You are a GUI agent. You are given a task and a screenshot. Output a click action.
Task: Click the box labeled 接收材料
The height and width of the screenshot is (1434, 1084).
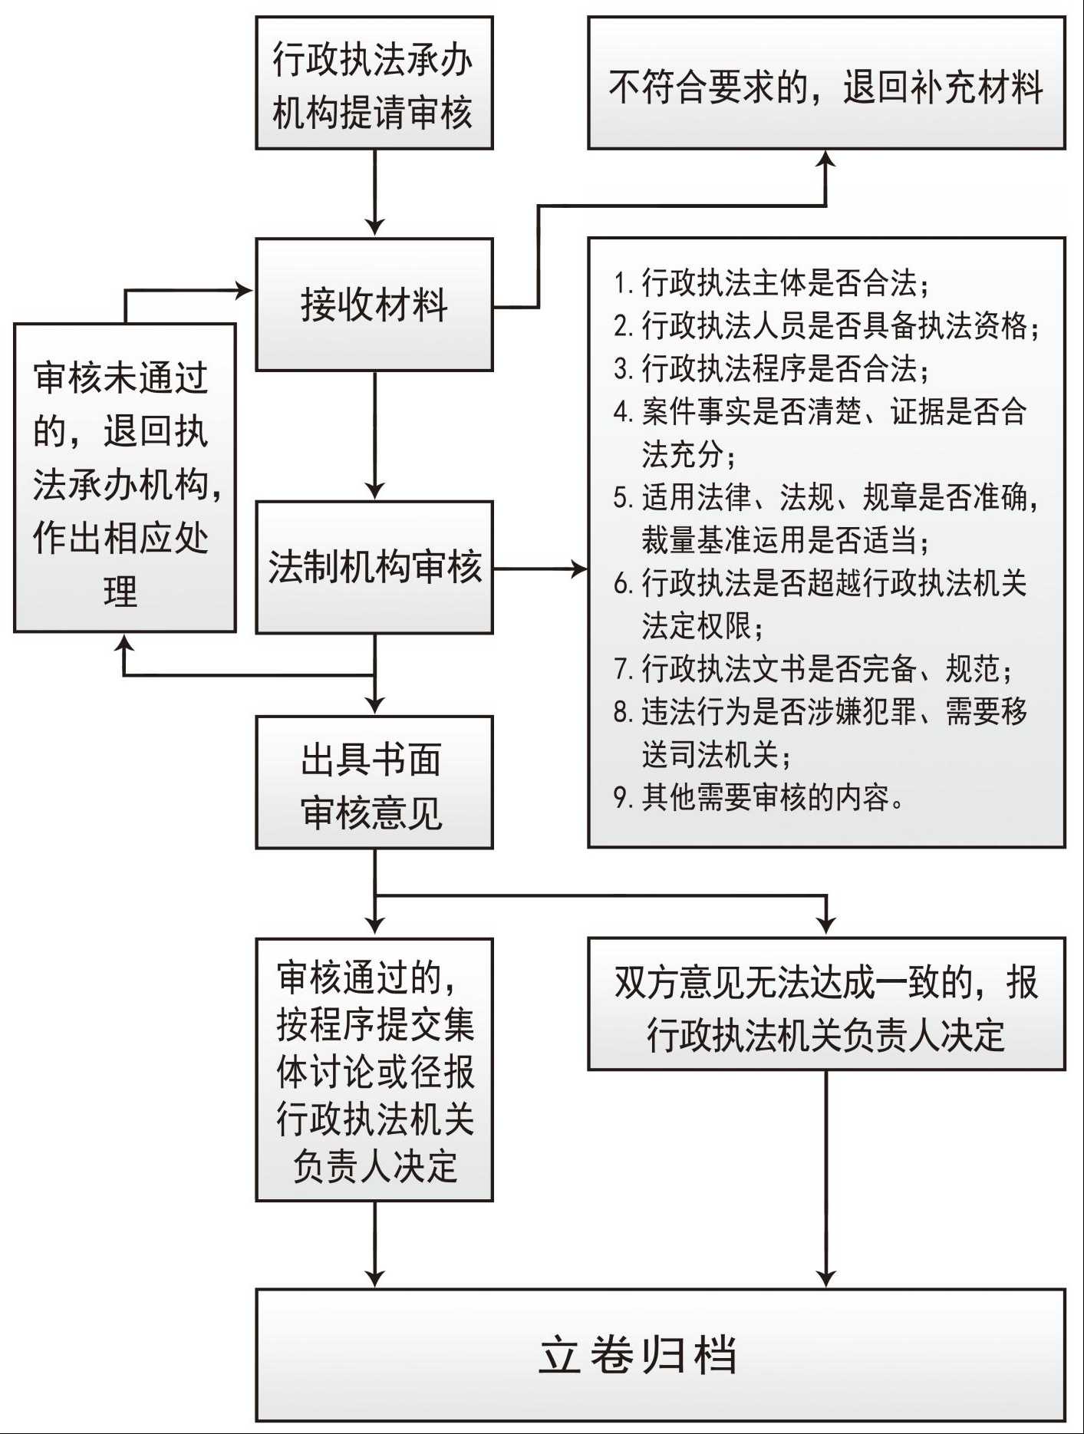(x=374, y=305)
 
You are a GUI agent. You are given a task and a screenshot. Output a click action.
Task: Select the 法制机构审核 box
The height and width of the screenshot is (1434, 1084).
(x=374, y=567)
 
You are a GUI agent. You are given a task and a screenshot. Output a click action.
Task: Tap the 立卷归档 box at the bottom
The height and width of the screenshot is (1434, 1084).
(x=660, y=1354)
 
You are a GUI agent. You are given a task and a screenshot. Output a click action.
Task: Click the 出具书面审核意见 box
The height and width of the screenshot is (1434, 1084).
(x=374, y=783)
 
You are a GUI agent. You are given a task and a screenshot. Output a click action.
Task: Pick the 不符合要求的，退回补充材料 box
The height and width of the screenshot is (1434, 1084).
(x=826, y=83)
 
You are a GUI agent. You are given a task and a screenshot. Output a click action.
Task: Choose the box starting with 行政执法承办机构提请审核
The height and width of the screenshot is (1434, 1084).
(x=374, y=83)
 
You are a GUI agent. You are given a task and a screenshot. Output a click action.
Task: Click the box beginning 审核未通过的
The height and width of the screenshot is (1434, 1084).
(x=124, y=477)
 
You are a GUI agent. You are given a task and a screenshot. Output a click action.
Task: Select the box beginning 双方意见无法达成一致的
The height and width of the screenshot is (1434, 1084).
(x=826, y=1004)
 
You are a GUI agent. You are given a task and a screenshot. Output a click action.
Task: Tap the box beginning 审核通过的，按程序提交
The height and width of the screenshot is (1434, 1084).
(x=374, y=1070)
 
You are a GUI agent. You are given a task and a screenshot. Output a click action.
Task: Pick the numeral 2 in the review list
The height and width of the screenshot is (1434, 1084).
(x=621, y=327)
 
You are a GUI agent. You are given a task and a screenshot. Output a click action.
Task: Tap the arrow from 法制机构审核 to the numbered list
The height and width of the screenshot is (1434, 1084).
(x=541, y=569)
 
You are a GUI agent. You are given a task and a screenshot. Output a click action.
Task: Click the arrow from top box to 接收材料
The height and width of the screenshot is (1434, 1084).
(x=374, y=192)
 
